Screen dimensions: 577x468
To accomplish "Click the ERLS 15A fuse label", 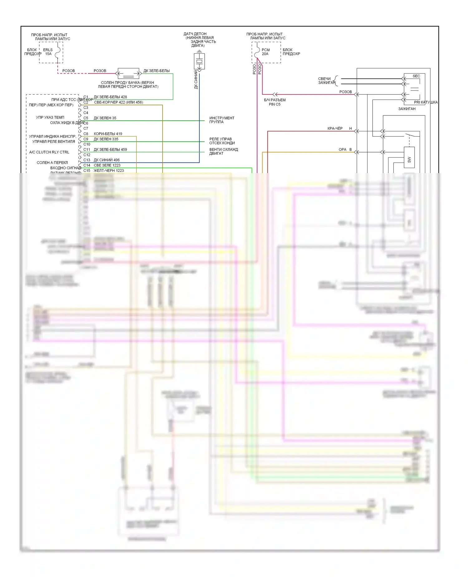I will (x=48, y=52).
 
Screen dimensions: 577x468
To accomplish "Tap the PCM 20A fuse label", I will (x=266, y=52).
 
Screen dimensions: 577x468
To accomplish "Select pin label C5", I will (x=86, y=118).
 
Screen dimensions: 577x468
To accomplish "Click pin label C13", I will (x=86, y=160).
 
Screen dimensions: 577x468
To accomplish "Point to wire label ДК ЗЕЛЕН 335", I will (x=106, y=139).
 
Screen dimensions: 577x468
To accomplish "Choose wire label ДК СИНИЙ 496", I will (x=106, y=160).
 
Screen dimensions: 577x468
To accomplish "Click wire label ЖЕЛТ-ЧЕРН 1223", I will (x=109, y=171).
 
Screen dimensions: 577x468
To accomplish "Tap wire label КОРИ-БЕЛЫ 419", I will (x=108, y=134).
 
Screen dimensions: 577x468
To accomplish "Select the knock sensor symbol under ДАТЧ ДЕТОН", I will (x=199, y=61).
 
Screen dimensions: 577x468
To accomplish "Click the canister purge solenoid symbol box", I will (x=128, y=74).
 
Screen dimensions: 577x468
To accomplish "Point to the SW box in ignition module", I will (x=409, y=160).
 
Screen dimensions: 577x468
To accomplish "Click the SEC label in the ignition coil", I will (x=416, y=76).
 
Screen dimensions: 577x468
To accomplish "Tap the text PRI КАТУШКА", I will (x=426, y=102).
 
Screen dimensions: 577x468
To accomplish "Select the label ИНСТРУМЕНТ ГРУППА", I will (x=222, y=120).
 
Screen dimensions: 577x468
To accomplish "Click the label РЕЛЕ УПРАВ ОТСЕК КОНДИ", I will (x=222, y=141).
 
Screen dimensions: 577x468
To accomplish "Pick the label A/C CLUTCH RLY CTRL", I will (x=49, y=152).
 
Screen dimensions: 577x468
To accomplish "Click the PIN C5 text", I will (x=275, y=104).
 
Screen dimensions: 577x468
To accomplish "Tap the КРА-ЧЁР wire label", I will (x=335, y=128).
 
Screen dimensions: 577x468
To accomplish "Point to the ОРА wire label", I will (x=342, y=150).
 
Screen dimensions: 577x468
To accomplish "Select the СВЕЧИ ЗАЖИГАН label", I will (x=325, y=81).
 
